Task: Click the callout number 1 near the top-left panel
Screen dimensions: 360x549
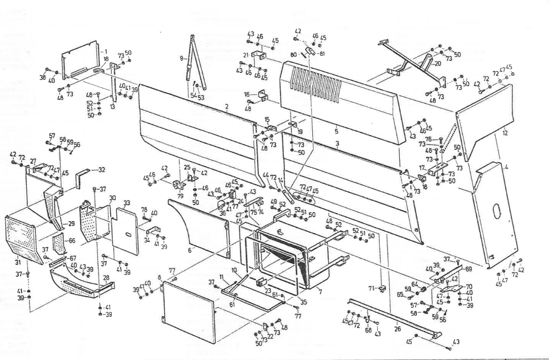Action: point(106,52)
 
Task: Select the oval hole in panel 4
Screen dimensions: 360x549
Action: point(496,211)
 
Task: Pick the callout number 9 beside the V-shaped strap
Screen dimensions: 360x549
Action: point(181,58)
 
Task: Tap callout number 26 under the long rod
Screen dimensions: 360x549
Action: point(397,329)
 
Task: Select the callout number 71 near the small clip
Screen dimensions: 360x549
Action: point(373,289)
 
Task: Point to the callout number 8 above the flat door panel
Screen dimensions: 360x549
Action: point(159,277)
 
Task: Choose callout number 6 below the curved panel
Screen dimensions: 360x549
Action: point(190,251)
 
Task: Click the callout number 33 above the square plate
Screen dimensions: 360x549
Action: point(126,203)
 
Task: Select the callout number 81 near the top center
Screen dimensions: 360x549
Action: point(321,53)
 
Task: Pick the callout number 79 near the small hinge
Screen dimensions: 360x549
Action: point(180,195)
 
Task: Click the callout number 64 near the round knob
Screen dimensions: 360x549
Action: point(414,285)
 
